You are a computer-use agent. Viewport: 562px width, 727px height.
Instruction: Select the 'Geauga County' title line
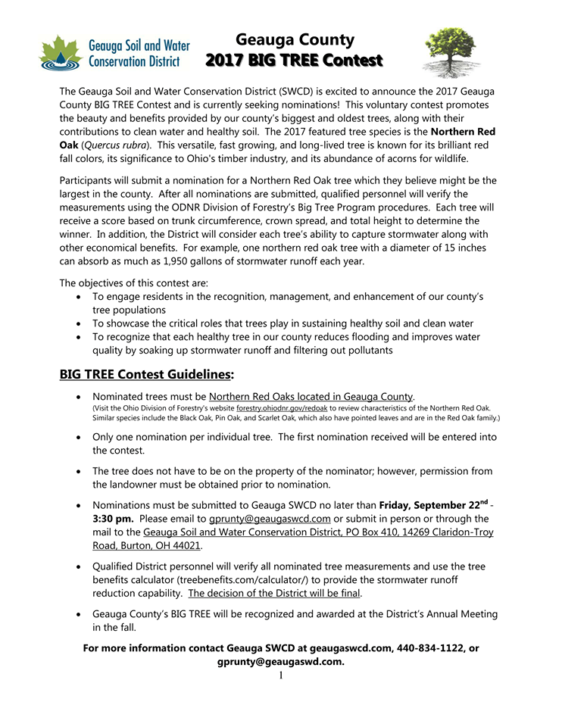pos(295,39)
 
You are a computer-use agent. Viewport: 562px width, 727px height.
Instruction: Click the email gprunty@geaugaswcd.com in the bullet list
pos(270,519)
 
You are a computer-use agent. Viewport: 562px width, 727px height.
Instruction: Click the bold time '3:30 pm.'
pos(114,519)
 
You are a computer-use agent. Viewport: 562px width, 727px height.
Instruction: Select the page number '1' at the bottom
pos(281,675)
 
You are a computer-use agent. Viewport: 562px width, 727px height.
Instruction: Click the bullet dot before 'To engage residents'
pos(80,296)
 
